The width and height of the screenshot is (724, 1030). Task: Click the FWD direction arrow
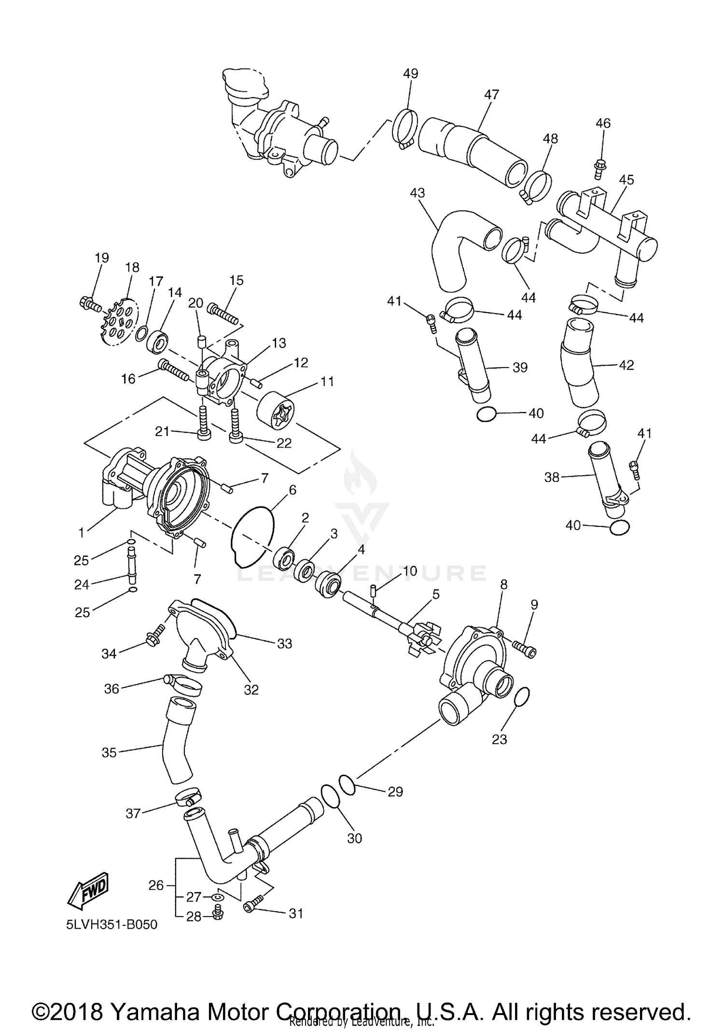pyautogui.click(x=89, y=888)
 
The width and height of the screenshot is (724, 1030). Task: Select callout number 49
pyautogui.click(x=410, y=74)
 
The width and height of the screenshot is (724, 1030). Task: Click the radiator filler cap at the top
pyautogui.click(x=244, y=86)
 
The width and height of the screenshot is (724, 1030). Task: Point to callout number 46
pyautogui.click(x=603, y=124)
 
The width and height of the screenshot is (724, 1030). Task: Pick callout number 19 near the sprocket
pyautogui.click(x=102, y=258)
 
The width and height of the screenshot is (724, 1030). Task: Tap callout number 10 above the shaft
pyautogui.click(x=410, y=571)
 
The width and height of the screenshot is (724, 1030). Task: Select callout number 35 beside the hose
pyautogui.click(x=109, y=752)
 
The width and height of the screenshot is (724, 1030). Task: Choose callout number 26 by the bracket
pyautogui.click(x=156, y=885)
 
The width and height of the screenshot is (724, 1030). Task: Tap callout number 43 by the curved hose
pyautogui.click(x=417, y=193)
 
